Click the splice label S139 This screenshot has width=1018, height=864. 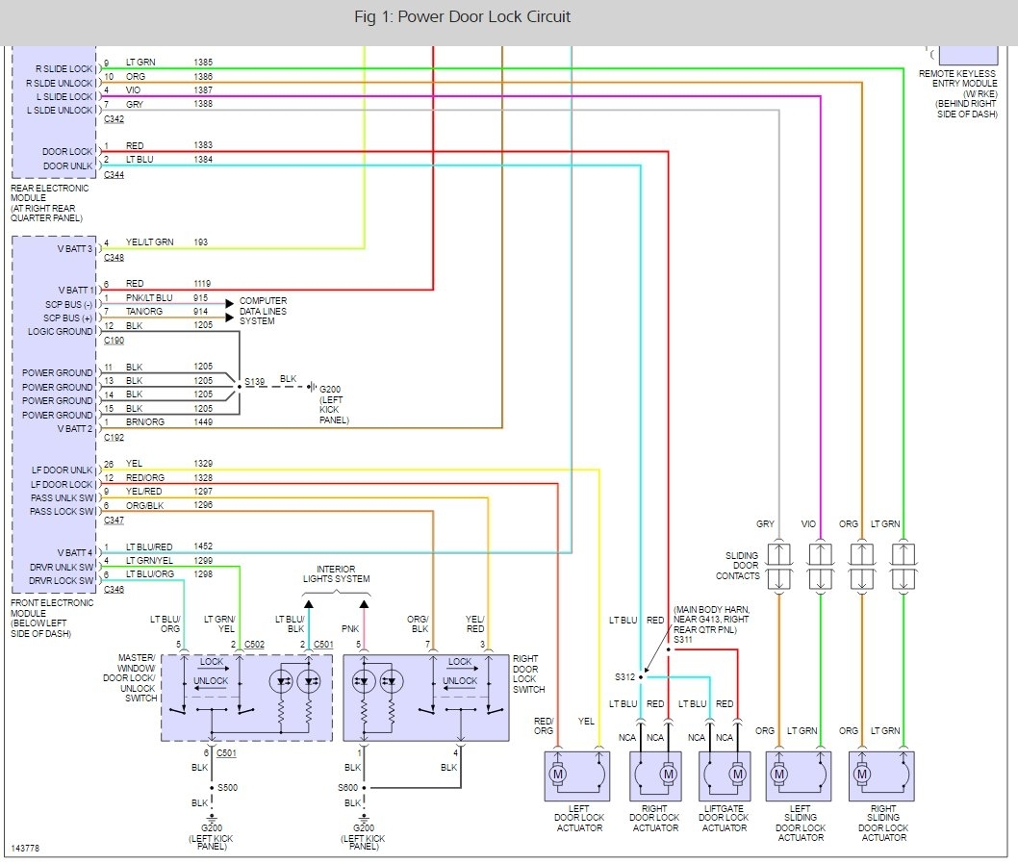click(x=254, y=382)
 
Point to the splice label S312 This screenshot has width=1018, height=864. click(x=625, y=676)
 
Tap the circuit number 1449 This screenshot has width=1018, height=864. click(x=204, y=421)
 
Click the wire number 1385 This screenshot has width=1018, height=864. click(x=204, y=62)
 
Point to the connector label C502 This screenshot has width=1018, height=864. click(x=255, y=644)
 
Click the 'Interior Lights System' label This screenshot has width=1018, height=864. click(x=336, y=574)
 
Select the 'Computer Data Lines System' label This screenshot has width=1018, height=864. click(x=264, y=311)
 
